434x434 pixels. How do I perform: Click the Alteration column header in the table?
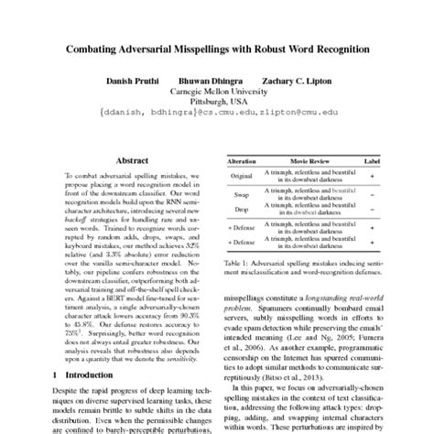click(243, 159)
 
